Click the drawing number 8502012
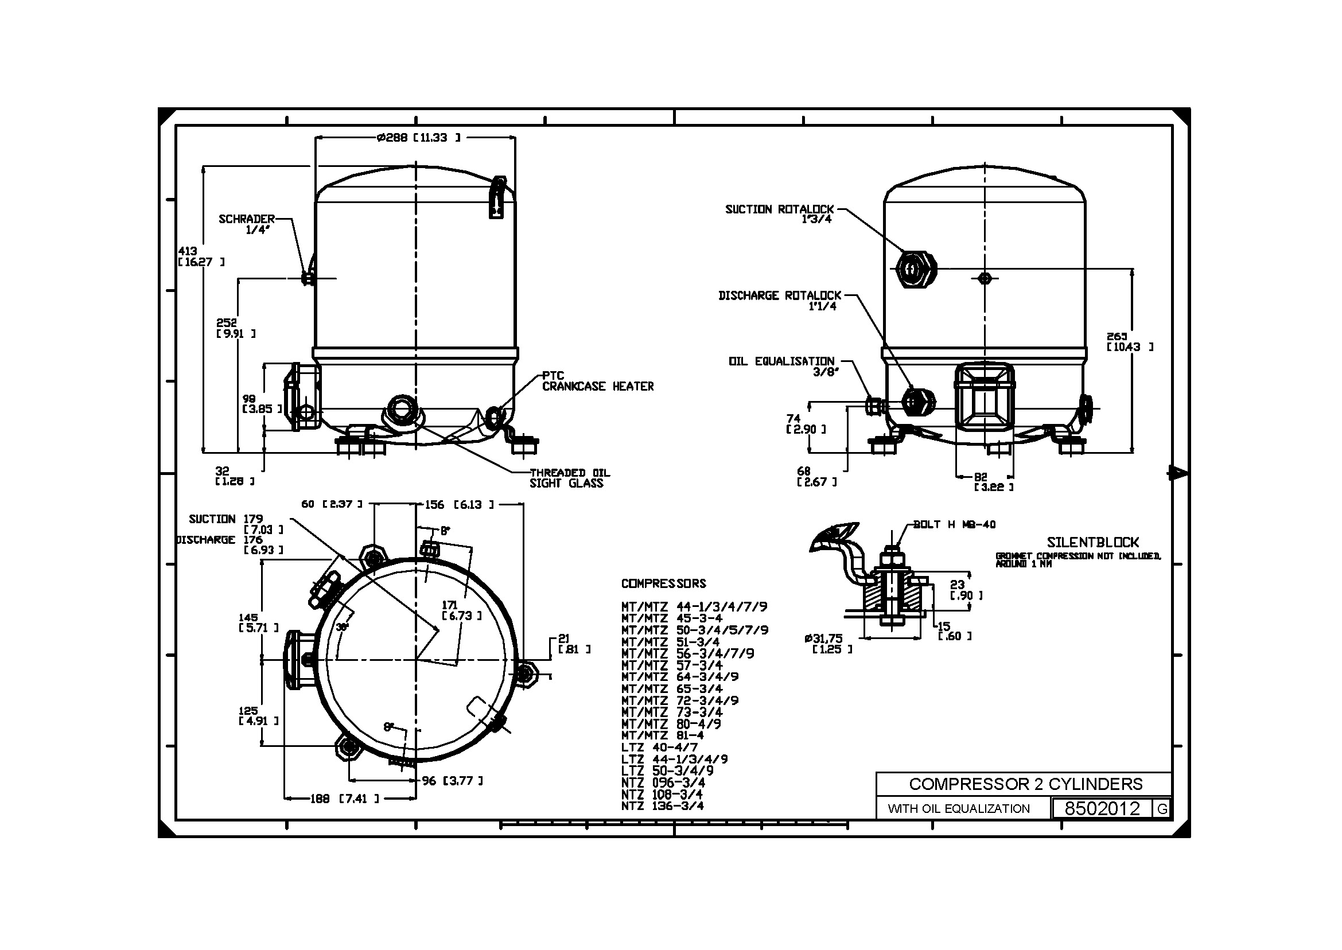point(1102,808)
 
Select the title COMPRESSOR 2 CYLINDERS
point(1025,784)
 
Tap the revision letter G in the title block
point(1162,809)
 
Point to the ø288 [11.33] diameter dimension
point(419,138)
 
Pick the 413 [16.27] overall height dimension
point(200,256)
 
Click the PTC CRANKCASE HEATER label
point(597,381)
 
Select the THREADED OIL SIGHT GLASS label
point(569,478)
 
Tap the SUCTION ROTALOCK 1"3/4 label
point(779,213)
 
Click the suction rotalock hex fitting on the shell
point(916,269)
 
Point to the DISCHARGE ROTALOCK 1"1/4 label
point(780,301)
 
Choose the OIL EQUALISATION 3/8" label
point(782,366)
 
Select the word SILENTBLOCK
point(1093,542)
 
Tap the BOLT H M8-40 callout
point(954,525)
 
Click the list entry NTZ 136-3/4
point(662,805)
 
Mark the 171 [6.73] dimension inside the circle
point(461,610)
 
